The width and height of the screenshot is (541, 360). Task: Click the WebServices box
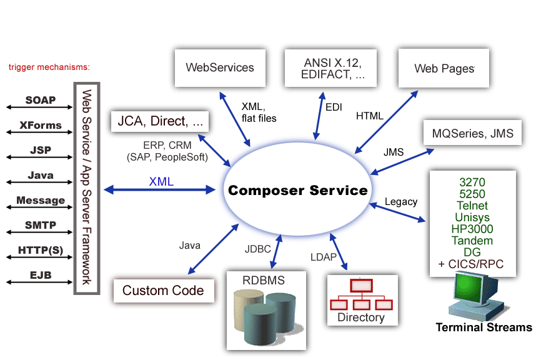[220, 67]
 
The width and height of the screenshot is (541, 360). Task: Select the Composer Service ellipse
[298, 190]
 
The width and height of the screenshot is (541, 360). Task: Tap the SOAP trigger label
[41, 100]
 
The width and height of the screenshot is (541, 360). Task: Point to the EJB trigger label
[41, 275]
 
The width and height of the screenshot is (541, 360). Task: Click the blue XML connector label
[161, 182]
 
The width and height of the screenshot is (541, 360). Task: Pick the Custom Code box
[163, 291]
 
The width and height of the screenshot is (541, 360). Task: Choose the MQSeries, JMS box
[472, 133]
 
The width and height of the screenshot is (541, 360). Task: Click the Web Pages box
[444, 68]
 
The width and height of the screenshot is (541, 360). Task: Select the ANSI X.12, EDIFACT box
[333, 69]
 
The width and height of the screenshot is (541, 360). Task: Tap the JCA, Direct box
[159, 121]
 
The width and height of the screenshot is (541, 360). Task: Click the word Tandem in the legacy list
[472, 241]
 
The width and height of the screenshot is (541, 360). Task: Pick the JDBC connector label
[257, 249]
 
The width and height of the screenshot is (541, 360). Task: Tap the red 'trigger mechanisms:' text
[49, 67]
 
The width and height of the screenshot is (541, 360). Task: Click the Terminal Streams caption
[484, 327]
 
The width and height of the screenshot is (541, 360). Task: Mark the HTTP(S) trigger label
[41, 250]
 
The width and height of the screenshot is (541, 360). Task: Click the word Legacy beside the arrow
[401, 202]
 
